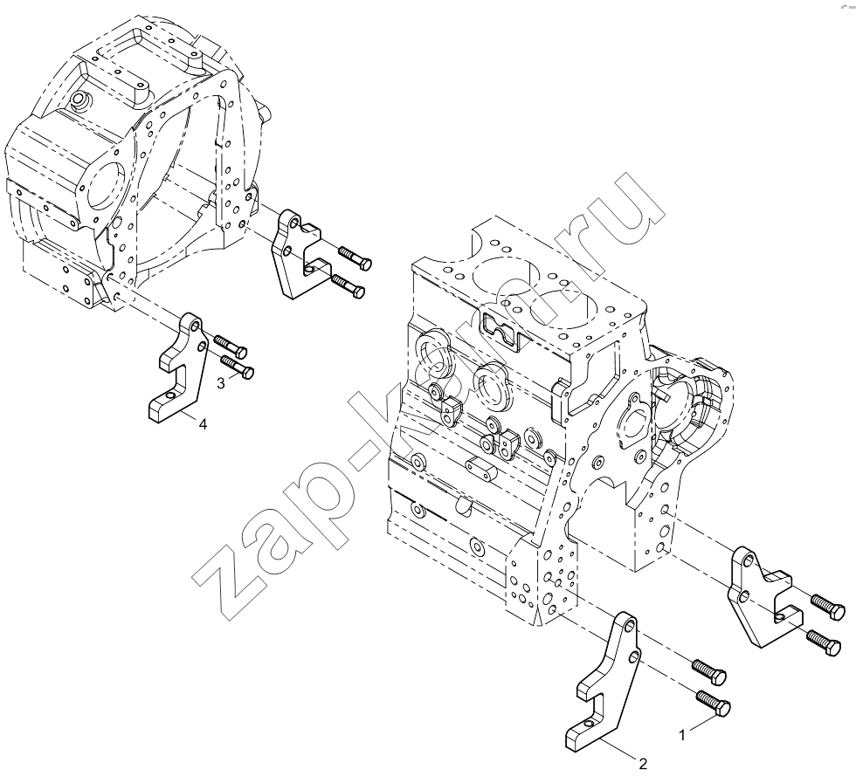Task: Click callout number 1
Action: [682, 736]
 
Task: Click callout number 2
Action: [643, 764]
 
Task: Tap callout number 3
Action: [220, 383]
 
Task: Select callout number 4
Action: [203, 424]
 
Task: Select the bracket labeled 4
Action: [177, 367]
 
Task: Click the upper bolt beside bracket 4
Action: [231, 345]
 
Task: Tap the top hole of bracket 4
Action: [192, 325]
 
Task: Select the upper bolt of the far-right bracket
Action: [828, 608]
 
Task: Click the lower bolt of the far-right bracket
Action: [824, 642]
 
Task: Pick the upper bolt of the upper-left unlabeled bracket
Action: [356, 258]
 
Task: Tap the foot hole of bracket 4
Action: [171, 395]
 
